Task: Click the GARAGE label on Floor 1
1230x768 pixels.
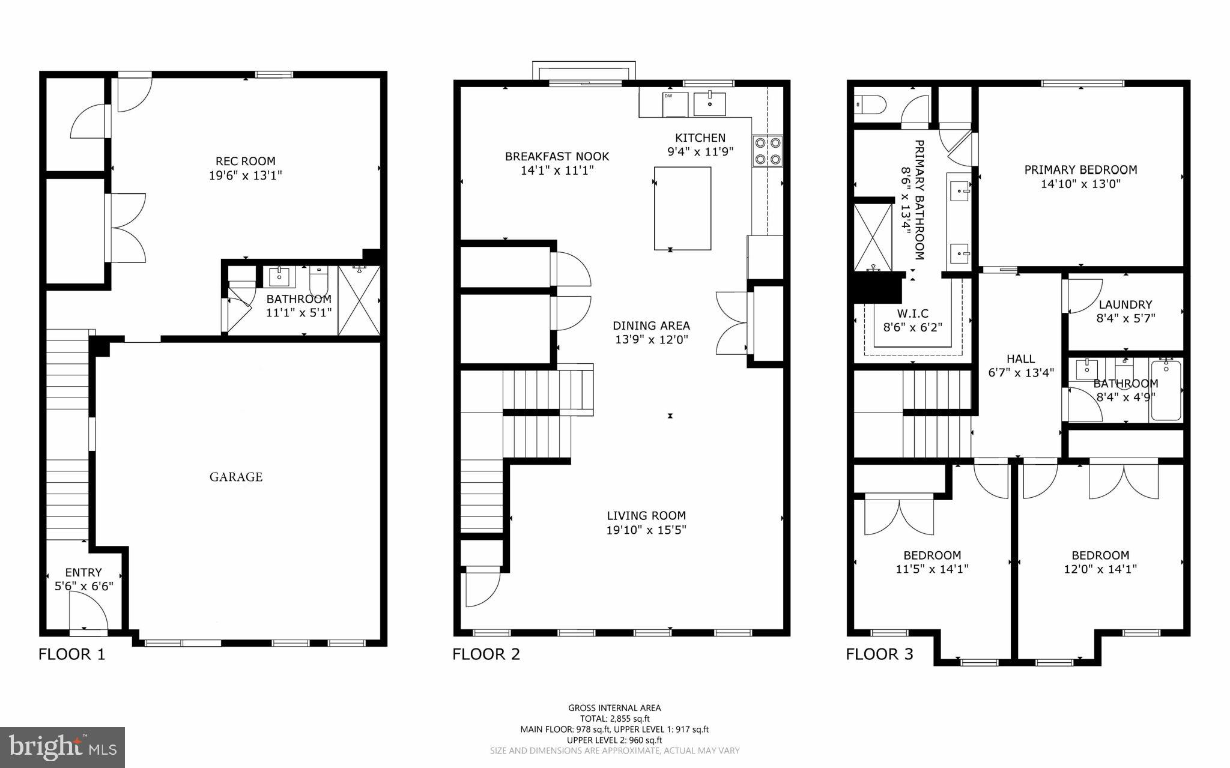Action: click(236, 477)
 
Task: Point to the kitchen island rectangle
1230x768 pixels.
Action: click(682, 208)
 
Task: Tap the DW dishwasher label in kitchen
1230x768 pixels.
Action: click(668, 95)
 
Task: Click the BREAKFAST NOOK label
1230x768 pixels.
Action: click(557, 156)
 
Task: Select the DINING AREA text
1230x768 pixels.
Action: click(651, 325)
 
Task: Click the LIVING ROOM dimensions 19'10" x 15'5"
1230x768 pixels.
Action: click(646, 530)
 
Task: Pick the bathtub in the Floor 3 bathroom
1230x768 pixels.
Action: click(1166, 390)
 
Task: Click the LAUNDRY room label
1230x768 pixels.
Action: click(1125, 304)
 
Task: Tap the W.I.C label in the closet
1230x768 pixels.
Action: click(913, 313)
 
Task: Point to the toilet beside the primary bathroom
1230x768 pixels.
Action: click(869, 106)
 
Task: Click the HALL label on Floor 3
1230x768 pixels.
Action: click(1020, 358)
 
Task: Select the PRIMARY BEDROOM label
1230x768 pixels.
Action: click(1080, 170)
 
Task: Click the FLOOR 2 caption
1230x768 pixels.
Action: click(486, 654)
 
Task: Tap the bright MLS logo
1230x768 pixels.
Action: click(62, 748)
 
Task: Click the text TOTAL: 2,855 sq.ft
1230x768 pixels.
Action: click(614, 718)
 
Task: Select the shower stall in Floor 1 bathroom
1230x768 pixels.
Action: click(359, 300)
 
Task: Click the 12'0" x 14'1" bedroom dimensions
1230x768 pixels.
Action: click(1100, 569)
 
